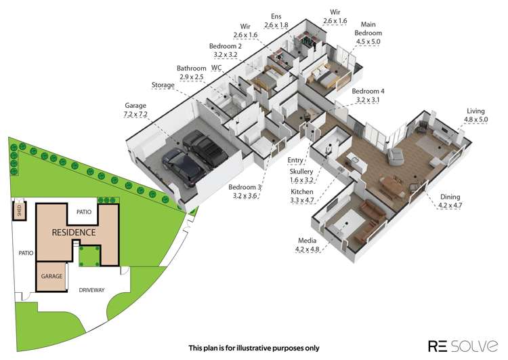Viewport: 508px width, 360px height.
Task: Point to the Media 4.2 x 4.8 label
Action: coord(308,245)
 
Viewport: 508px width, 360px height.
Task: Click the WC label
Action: coord(217,68)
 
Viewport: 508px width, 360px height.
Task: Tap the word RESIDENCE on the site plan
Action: coord(74,232)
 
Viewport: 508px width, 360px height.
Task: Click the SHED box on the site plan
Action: coord(20,209)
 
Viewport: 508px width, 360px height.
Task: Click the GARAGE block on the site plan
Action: coord(52,277)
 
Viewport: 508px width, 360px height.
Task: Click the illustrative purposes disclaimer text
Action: coord(253,348)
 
